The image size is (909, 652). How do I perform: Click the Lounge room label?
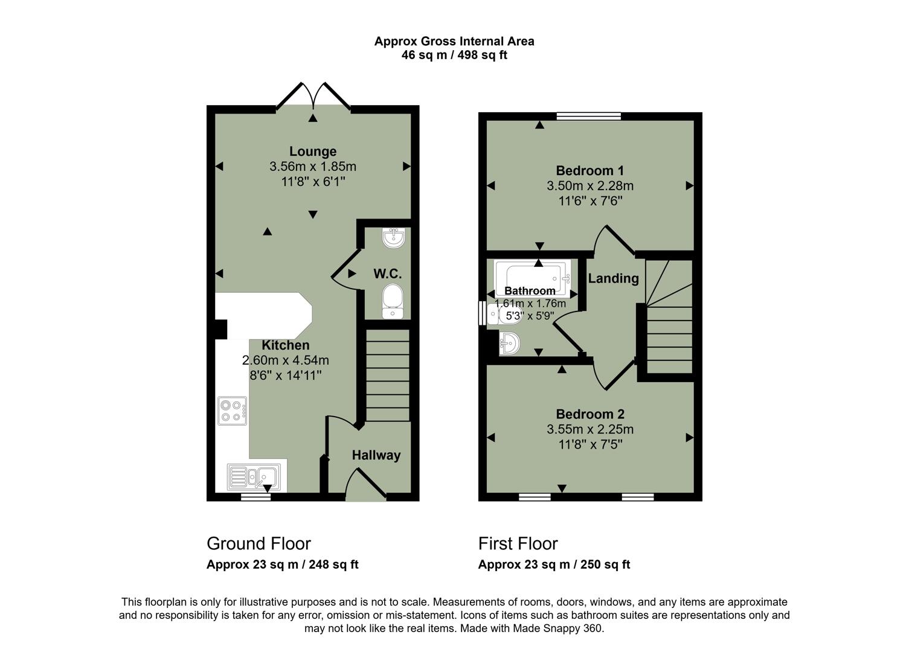click(x=312, y=152)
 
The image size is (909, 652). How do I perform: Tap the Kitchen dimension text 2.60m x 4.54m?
click(x=285, y=360)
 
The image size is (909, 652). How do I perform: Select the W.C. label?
click(x=387, y=274)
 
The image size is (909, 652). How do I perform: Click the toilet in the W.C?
click(x=393, y=300)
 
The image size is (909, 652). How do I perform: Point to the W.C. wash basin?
click(x=393, y=238)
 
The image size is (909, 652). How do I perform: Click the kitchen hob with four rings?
click(x=233, y=411)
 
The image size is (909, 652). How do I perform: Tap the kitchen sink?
click(x=254, y=476)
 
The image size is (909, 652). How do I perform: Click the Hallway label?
click(x=376, y=455)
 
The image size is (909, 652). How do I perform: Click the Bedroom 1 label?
click(x=589, y=171)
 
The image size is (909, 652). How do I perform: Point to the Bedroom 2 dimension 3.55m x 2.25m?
click(x=589, y=430)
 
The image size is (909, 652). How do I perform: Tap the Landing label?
click(x=613, y=278)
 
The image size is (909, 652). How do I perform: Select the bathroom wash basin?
click(x=509, y=344)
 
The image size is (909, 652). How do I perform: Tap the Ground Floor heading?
click(x=259, y=543)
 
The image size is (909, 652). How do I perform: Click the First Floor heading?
click(x=518, y=543)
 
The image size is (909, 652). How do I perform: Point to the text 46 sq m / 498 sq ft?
click(x=454, y=56)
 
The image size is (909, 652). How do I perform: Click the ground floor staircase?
click(x=388, y=374)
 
